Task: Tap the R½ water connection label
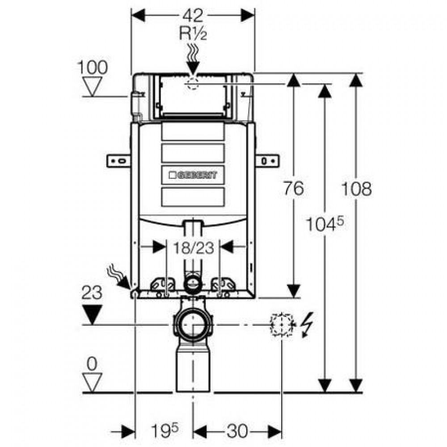193,34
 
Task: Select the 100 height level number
93,67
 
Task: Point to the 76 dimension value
294,189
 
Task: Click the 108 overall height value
357,189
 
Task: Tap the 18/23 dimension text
194,248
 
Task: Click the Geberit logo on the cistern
193,175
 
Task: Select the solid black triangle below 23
92,314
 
